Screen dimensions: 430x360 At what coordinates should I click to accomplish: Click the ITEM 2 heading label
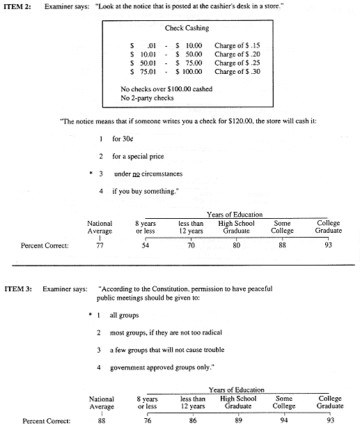(x=20, y=6)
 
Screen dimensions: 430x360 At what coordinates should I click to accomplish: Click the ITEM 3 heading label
(x=20, y=288)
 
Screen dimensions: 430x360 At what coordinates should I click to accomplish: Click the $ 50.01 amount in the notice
(x=145, y=63)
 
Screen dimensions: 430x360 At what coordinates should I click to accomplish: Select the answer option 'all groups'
(x=125, y=315)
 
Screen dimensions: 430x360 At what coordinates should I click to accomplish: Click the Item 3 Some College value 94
(x=283, y=421)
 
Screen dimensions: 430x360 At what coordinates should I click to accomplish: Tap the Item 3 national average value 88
(x=102, y=421)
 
